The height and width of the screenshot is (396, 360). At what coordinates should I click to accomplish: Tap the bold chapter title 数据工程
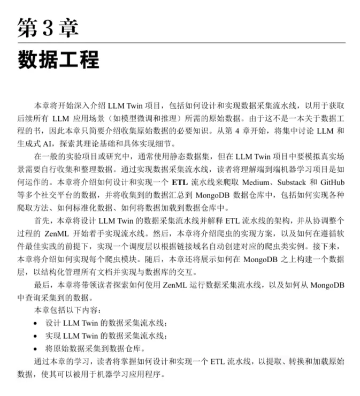click(x=58, y=59)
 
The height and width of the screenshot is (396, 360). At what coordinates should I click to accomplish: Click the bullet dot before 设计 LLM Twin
click(x=35, y=323)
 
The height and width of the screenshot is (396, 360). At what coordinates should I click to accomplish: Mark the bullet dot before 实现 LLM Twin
click(x=35, y=336)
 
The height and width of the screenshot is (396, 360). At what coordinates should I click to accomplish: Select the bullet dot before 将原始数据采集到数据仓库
click(x=35, y=349)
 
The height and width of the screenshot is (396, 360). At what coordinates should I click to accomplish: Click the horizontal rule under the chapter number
click(x=181, y=42)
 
